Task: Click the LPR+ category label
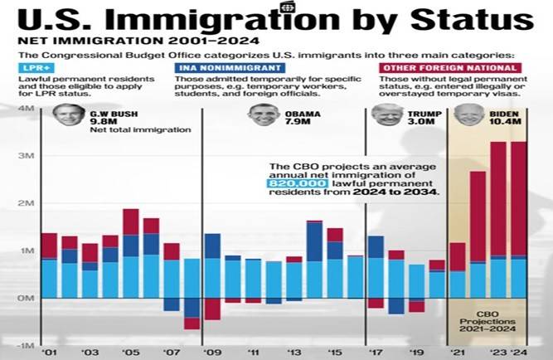click(x=34, y=67)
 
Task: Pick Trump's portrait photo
click(x=387, y=115)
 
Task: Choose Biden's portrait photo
click(x=469, y=115)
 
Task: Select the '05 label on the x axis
click(x=130, y=351)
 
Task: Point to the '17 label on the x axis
click(x=376, y=351)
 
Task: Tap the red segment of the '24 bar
click(x=518, y=199)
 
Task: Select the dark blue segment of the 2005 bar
click(x=131, y=245)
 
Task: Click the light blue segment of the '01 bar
click(x=50, y=279)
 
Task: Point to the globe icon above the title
click(x=288, y=7)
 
